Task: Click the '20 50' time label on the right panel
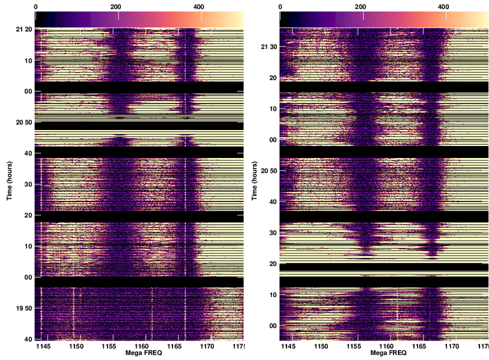click(268, 171)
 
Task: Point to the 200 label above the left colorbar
click(116, 6)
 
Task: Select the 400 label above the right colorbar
click(444, 6)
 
